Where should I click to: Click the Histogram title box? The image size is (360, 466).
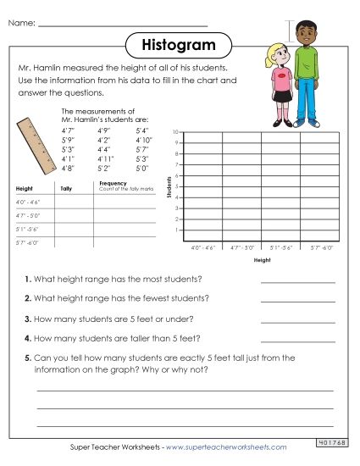179,42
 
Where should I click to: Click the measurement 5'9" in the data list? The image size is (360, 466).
69,140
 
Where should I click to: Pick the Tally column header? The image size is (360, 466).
67,188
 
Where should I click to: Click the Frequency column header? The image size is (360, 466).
113,182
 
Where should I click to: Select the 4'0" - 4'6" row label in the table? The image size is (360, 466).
28,203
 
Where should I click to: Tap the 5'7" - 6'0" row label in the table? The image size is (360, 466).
28,243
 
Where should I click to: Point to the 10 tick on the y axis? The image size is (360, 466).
175,133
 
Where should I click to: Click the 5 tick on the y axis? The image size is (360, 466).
176,186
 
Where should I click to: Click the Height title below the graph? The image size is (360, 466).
263,262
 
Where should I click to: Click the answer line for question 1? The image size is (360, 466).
298,281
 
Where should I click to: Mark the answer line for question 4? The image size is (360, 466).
298,340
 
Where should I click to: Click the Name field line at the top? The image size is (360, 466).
123,25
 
